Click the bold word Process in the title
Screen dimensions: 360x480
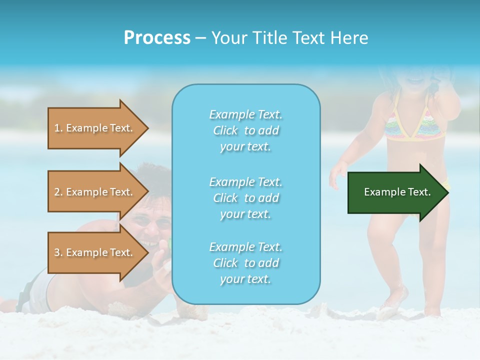click(x=157, y=38)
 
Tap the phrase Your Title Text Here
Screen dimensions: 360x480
click(x=289, y=38)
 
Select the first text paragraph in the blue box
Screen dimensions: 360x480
click(x=245, y=130)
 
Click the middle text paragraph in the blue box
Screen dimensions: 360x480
click(x=245, y=198)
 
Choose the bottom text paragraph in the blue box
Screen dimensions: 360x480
click(x=245, y=263)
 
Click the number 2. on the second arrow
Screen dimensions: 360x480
click(x=58, y=192)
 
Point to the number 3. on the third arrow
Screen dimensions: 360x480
click(x=58, y=252)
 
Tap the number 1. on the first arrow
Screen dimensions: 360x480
click(x=58, y=128)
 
